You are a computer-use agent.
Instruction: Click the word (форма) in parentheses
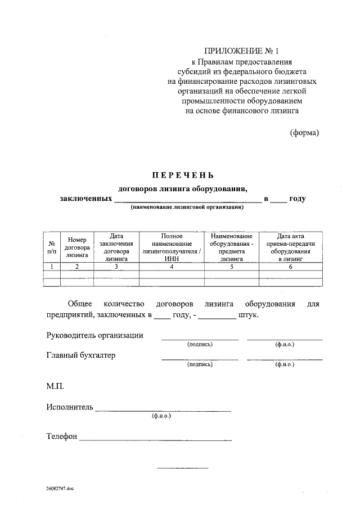click(304, 133)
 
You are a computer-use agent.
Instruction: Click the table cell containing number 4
click(171, 267)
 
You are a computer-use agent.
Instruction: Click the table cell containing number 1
click(52, 267)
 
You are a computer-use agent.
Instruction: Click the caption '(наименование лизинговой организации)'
click(187, 208)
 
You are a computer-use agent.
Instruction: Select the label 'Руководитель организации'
click(94, 335)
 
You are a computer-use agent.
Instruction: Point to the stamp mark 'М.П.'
click(56, 386)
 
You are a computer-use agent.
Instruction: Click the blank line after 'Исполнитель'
click(163, 409)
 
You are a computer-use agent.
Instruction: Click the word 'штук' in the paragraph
click(248, 316)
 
